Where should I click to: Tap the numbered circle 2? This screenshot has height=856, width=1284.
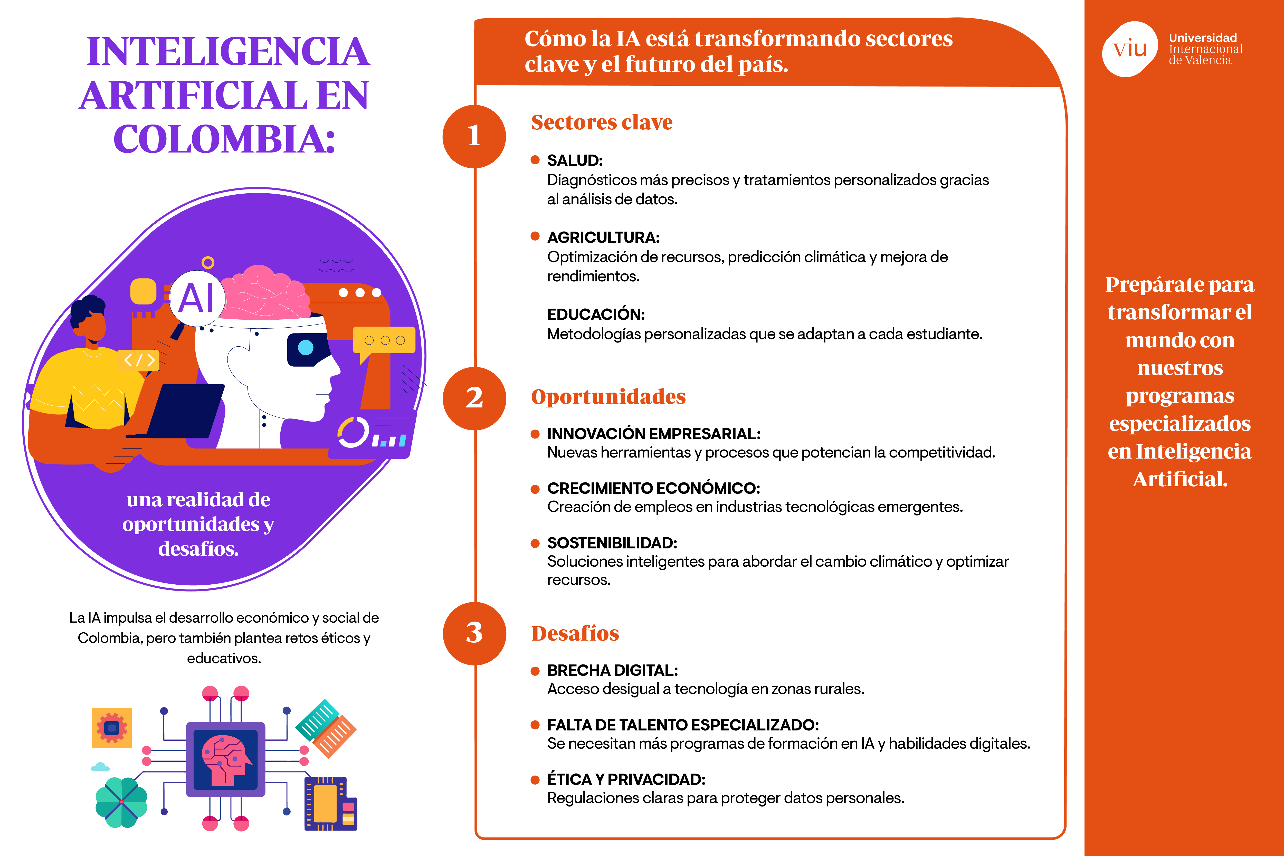474,398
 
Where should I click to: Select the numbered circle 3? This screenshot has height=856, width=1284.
474,633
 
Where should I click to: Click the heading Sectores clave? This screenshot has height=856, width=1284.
602,122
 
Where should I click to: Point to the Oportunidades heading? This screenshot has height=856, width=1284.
608,397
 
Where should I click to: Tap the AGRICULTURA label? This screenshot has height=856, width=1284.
603,237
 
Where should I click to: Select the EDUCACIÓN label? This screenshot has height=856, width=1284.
596,315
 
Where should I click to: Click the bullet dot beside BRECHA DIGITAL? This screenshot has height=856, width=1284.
535,671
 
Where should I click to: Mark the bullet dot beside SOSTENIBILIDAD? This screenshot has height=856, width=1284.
535,543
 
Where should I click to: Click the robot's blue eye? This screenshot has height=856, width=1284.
306,347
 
